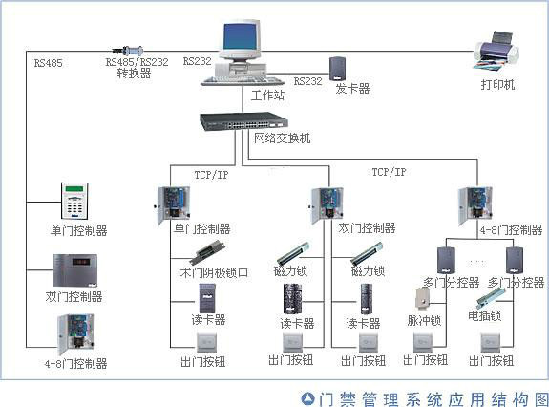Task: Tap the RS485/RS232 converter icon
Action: (x=130, y=47)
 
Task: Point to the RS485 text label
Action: (x=48, y=64)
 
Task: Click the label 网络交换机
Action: (x=281, y=139)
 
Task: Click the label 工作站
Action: (x=267, y=96)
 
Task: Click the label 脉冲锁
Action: (x=424, y=320)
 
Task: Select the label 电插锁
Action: (x=484, y=314)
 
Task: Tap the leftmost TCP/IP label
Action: (x=211, y=174)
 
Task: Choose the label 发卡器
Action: (x=352, y=88)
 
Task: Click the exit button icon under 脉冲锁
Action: (x=422, y=341)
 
